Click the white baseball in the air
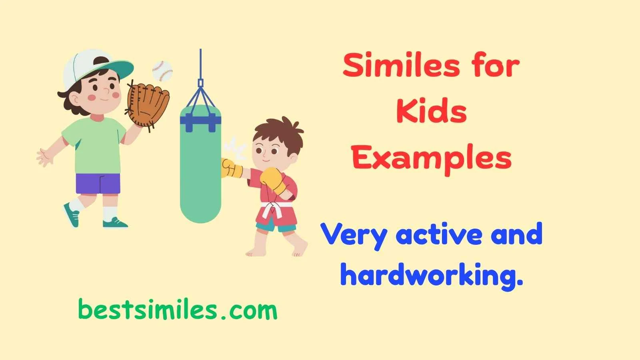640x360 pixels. tap(162, 71)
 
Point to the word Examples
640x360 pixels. tap(432, 158)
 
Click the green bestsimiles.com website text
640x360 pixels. tap(178, 310)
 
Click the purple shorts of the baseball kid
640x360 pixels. tap(98, 184)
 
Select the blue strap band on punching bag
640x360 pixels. tap(200, 120)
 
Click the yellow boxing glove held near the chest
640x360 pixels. tap(274, 180)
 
